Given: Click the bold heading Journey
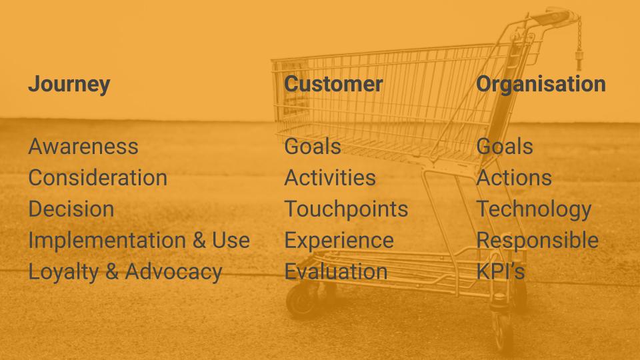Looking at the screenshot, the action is (69, 85).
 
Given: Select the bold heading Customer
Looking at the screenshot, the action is (333, 84).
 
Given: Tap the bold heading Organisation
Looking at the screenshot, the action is (541, 85).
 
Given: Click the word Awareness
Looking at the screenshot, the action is (83, 147).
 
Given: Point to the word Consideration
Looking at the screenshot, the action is (98, 178).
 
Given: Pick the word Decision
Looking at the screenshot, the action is (71, 209).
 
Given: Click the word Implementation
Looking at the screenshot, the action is (107, 240).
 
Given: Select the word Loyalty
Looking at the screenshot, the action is (64, 273).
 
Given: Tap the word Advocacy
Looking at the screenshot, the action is (173, 273).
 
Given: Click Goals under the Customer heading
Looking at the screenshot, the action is (313, 147).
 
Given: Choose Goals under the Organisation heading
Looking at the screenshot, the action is (505, 147).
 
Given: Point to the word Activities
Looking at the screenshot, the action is (330, 178).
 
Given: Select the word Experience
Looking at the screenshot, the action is (339, 241).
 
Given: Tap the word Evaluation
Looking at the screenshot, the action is (336, 271).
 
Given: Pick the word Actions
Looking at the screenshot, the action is (514, 178).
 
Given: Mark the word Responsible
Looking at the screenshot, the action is (537, 241).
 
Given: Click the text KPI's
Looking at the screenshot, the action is (501, 271).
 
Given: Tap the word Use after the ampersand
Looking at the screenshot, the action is (231, 240).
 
